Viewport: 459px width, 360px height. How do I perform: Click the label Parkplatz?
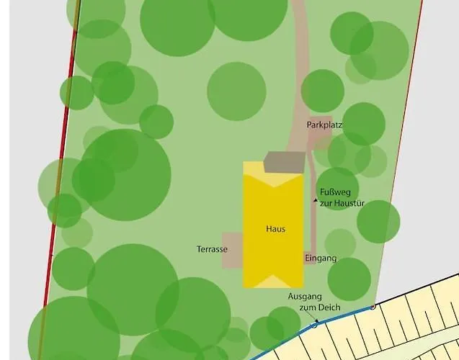point(324,125)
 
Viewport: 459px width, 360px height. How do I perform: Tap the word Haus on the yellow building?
point(275,229)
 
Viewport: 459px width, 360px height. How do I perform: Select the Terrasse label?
point(212,249)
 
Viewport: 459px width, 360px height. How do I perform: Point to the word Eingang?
point(321,258)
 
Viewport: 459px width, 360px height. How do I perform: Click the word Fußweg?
point(334,192)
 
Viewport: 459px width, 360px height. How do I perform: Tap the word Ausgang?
point(305,297)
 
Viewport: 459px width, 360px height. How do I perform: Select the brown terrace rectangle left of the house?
point(232,250)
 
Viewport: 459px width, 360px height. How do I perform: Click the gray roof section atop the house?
point(282,163)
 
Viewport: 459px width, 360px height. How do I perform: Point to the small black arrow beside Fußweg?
point(315,199)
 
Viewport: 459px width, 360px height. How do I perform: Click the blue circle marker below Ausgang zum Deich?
point(313,325)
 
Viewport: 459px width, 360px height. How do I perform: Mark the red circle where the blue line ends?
point(373,307)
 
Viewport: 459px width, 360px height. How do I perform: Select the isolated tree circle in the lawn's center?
point(236,91)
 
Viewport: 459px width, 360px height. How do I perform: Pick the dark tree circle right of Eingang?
point(349,279)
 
